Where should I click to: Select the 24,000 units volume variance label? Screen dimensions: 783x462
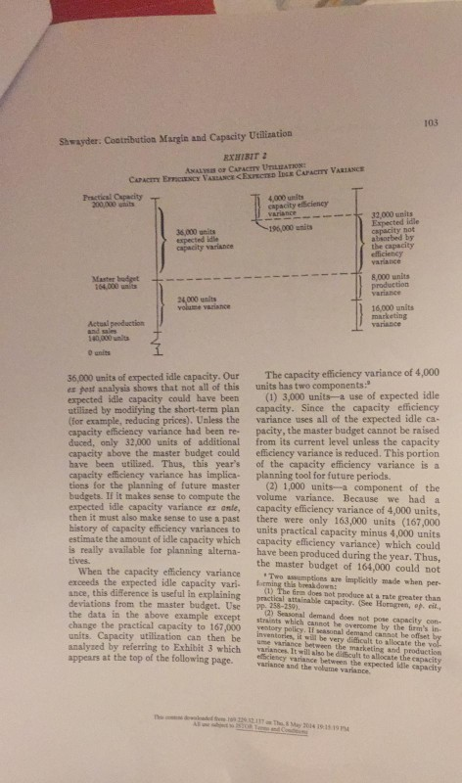tap(203, 300)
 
